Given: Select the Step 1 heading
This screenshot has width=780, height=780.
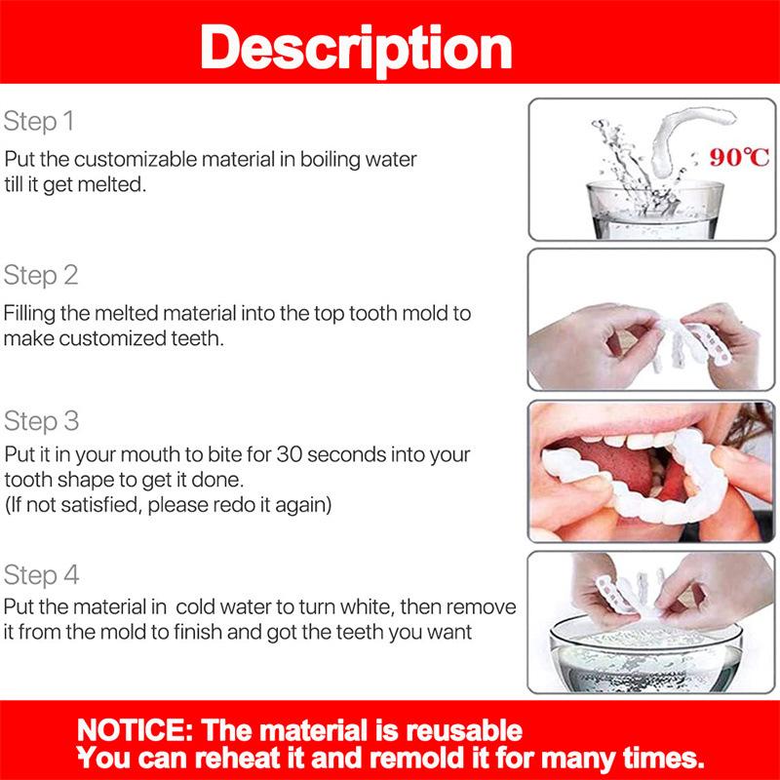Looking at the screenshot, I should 39,122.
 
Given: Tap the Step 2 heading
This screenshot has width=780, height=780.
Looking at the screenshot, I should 40,275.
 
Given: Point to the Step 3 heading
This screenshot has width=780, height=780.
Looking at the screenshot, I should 40,421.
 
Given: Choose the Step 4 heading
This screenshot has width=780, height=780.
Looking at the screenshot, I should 40,573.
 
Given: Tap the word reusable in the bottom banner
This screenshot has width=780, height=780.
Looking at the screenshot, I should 455,730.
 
